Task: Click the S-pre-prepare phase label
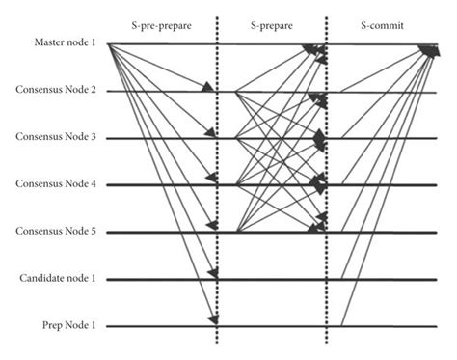tap(164, 20)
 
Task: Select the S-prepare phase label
tap(271, 20)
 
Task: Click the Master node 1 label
tap(61, 44)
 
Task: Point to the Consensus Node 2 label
tap(55, 90)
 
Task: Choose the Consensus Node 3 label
tap(55, 137)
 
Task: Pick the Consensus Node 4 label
tap(55, 183)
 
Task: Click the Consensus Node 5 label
tap(55, 231)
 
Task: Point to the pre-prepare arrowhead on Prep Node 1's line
tap(213, 319)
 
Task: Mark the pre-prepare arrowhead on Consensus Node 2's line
tap(208, 89)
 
